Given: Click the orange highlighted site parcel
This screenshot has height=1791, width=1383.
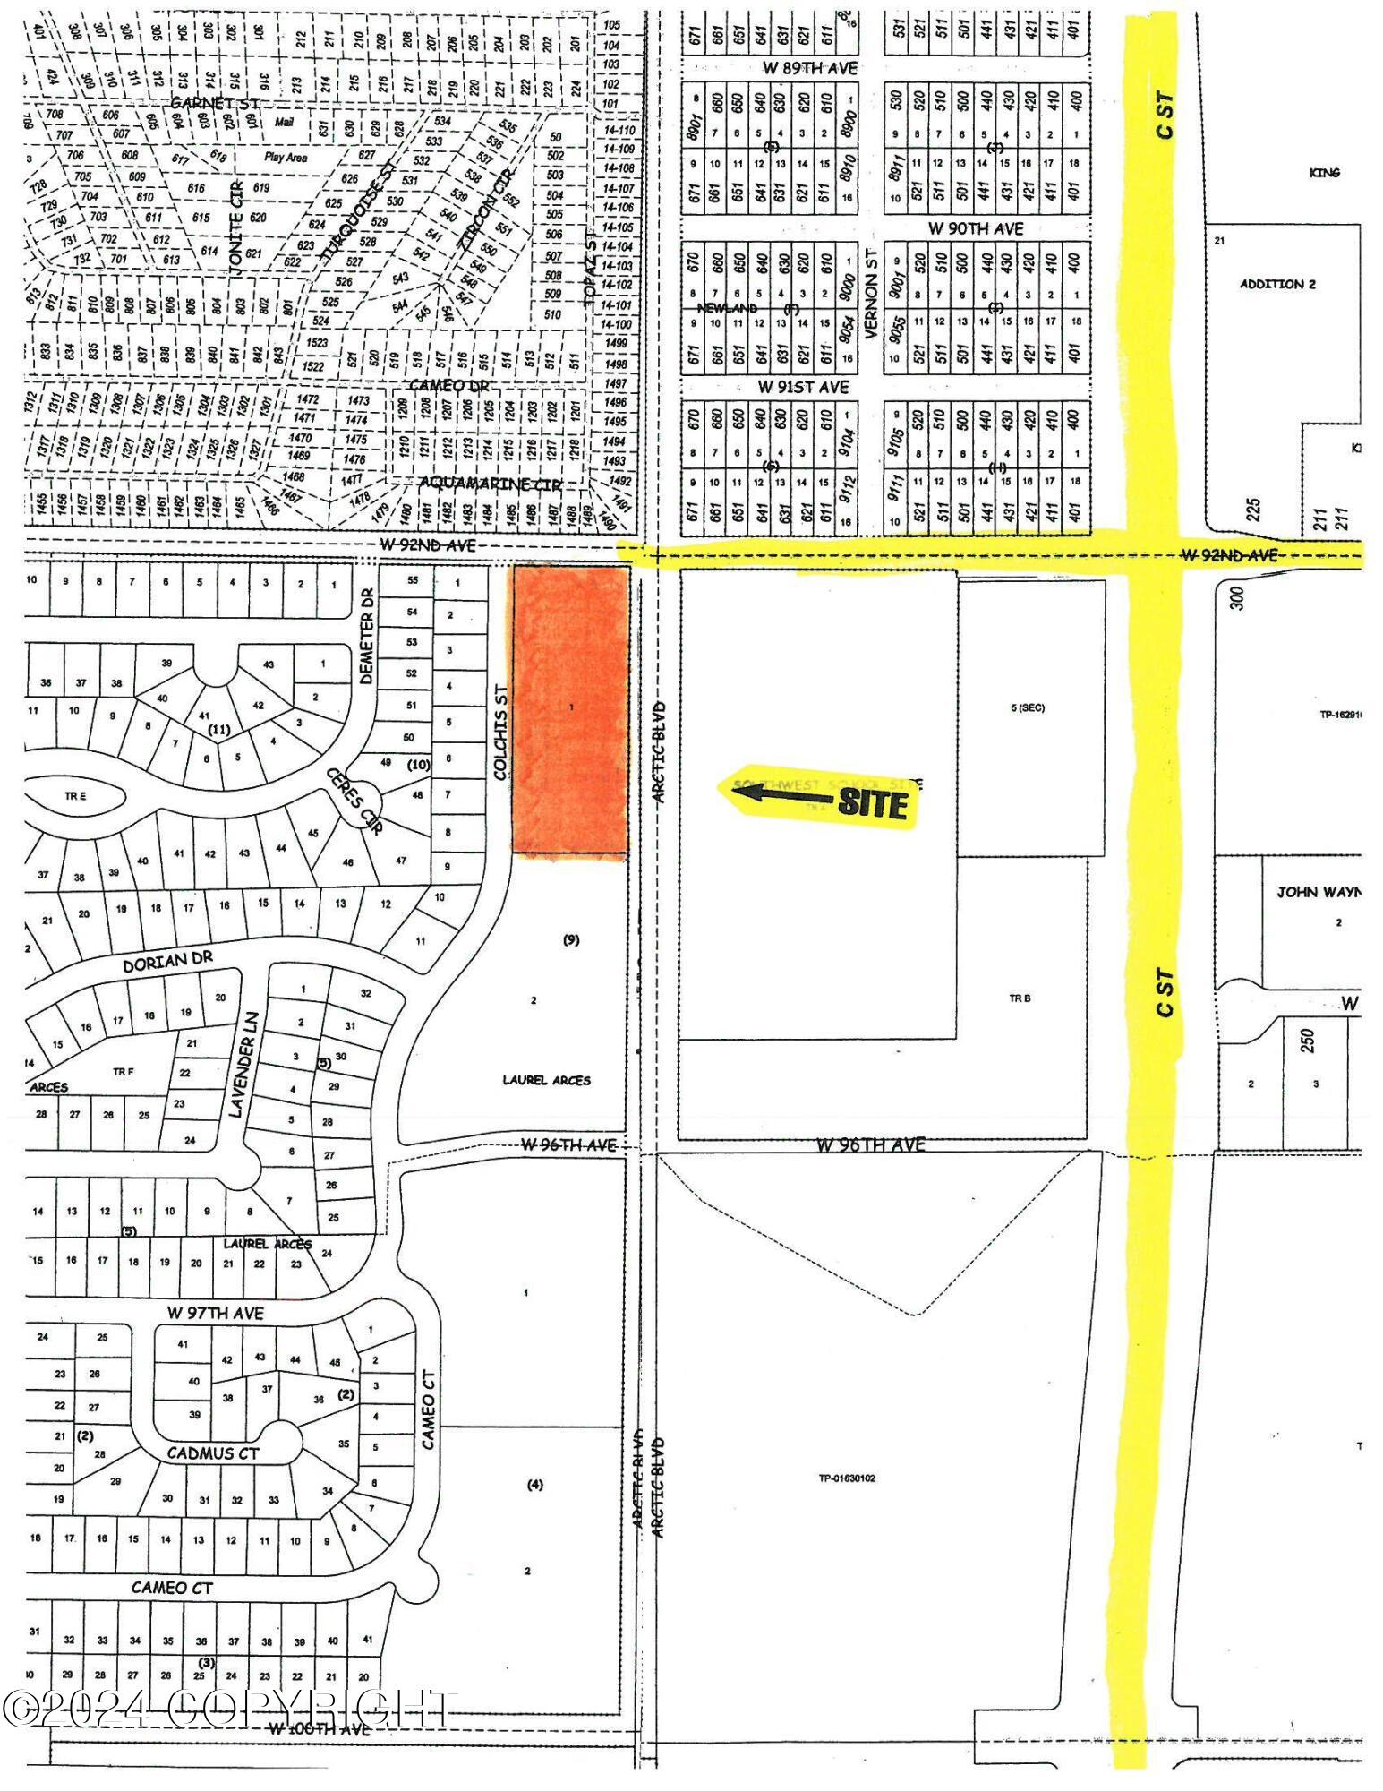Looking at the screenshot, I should (x=570, y=709).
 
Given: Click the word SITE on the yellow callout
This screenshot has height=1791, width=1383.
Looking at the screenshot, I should (x=872, y=803).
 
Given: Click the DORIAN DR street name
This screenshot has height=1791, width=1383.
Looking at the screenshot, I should (x=168, y=961).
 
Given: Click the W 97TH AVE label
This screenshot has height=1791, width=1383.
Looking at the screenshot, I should (x=215, y=1313).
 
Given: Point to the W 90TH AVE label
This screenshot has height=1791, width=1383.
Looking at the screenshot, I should (x=975, y=228).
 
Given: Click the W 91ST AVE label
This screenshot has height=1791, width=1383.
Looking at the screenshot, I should (x=803, y=387).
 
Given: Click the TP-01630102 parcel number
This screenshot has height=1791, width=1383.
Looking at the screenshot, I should (x=846, y=1478).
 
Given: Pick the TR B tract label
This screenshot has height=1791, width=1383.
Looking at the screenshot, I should (x=1020, y=998).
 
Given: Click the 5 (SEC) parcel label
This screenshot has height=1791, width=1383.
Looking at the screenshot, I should (x=1027, y=707).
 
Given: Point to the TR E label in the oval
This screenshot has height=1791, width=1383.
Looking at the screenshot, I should (x=75, y=796).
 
